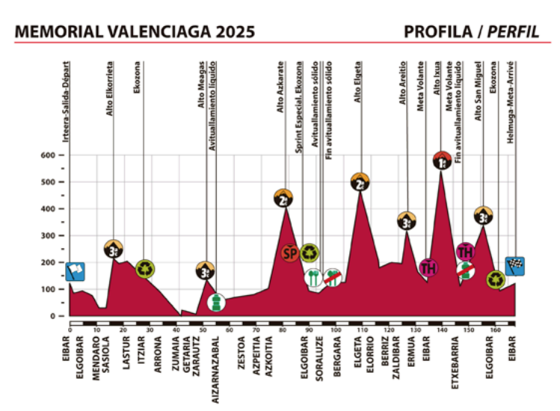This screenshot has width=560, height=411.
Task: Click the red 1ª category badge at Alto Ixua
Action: point(442,160)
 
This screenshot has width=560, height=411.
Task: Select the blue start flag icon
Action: point(76,271)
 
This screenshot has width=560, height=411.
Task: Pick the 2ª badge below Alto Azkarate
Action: point(283,199)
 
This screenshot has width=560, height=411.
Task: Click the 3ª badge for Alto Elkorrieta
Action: point(114,250)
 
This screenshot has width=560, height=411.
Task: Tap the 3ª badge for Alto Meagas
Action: point(205,271)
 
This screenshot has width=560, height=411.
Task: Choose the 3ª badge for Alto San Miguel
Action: point(484,217)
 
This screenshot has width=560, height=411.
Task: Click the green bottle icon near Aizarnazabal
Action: point(216,303)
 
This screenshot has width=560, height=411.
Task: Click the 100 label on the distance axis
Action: point(335,330)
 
